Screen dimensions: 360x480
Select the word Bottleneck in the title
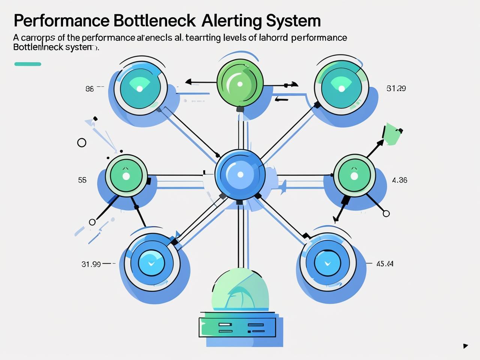tap(154, 21)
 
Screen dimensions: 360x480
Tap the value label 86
tap(90, 89)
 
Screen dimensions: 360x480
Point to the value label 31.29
tap(396, 88)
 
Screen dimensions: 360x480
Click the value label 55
tap(82, 180)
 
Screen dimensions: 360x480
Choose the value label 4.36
tap(399, 180)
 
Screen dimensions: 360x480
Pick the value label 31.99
tap(91, 264)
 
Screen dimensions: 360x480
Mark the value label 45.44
tap(385, 264)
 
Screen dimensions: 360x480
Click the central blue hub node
tap(240, 174)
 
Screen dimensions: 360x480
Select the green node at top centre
tap(238, 81)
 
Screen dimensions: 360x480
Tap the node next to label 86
tap(140, 87)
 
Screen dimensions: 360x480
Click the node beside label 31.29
tap(341, 87)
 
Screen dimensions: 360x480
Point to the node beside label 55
tap(126, 175)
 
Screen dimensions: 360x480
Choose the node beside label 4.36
tap(354, 175)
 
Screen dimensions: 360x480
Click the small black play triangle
tap(465, 346)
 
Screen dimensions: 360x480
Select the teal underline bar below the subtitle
tap(28, 64)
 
